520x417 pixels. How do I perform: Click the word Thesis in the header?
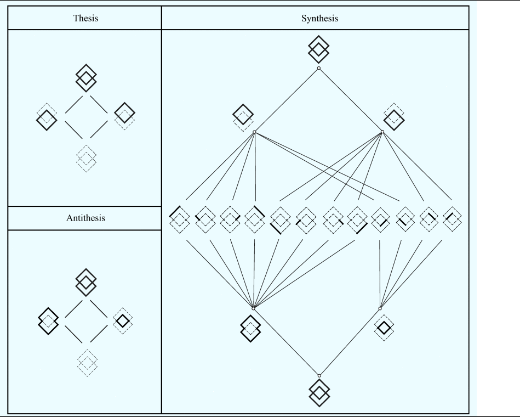(84, 18)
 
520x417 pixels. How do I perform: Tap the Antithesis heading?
(84, 218)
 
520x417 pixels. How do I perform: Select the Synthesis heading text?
(319, 18)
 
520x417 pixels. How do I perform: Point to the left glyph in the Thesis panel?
(47, 117)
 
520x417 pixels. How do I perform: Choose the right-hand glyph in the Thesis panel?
(125, 116)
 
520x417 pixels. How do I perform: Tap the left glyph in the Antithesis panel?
(48, 318)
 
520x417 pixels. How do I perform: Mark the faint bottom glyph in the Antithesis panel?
(86, 360)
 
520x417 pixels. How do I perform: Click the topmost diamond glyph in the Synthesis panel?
(319, 49)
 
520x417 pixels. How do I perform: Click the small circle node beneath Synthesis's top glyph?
(319, 68)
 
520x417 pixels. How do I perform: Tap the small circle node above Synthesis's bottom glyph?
(319, 375)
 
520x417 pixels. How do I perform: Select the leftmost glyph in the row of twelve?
(179, 219)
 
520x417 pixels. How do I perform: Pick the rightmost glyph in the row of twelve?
(452, 219)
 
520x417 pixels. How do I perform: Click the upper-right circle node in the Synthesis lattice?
(382, 132)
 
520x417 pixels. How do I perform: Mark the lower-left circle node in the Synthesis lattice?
(253, 308)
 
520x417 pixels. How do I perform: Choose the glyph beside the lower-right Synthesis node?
(384, 327)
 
